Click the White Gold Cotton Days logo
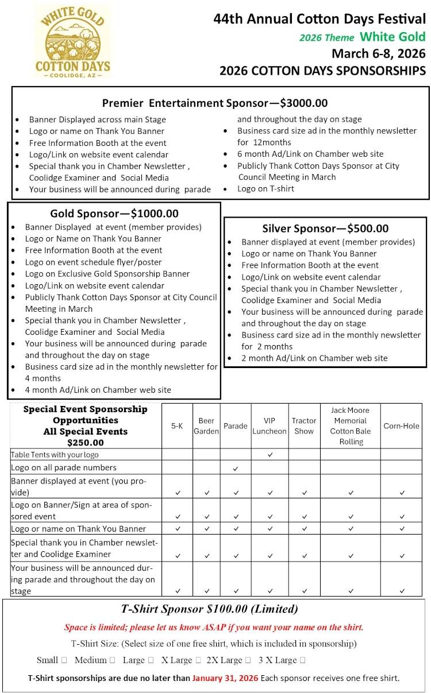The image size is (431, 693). [73, 42]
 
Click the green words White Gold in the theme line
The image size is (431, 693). [392, 37]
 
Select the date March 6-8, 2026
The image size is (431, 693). [378, 54]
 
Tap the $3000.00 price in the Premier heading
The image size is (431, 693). [303, 103]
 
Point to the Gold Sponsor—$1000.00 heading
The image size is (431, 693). [114, 214]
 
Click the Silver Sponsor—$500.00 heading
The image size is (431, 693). [325, 229]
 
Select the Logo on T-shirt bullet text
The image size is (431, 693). [265, 189]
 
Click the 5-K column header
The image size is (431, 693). [178, 426]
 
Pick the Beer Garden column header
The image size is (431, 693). [206, 426]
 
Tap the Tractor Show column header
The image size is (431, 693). [304, 426]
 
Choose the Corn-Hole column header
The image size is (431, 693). [401, 426]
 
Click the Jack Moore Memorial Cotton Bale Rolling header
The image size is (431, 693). [351, 426]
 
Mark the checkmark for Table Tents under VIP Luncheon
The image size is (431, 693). [270, 455]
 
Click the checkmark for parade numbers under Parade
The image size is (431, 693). [236, 469]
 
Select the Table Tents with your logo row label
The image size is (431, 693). [55, 455]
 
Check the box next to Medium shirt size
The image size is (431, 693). [112, 660]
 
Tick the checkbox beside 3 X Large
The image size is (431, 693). [303, 660]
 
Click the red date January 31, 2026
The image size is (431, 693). [225, 678]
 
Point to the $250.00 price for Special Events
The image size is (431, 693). [85, 443]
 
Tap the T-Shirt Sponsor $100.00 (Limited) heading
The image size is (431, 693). [210, 609]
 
